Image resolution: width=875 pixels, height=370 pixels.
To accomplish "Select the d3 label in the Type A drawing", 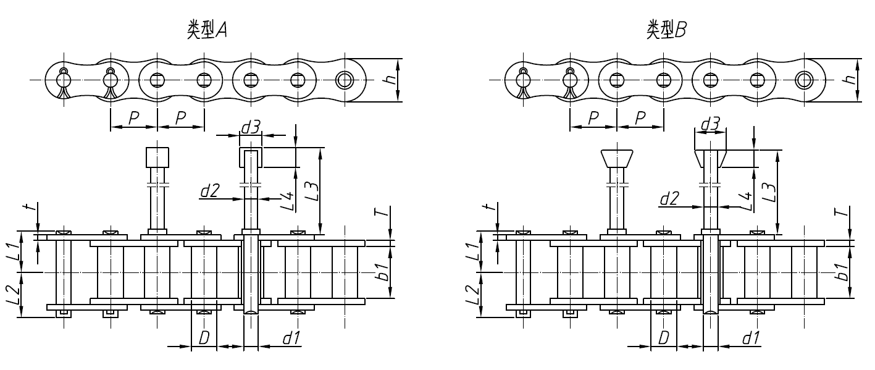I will (251, 127).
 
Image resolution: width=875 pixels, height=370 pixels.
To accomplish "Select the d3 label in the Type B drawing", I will (710, 125).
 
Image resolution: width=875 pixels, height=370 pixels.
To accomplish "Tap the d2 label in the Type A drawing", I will (210, 191).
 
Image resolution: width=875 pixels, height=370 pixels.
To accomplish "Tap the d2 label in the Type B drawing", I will (669, 198).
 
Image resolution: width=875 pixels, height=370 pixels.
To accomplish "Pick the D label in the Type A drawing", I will (203, 337).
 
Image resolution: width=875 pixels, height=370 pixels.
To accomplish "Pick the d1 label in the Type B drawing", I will (751, 337).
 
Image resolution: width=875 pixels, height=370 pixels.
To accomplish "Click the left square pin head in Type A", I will (157, 157).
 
